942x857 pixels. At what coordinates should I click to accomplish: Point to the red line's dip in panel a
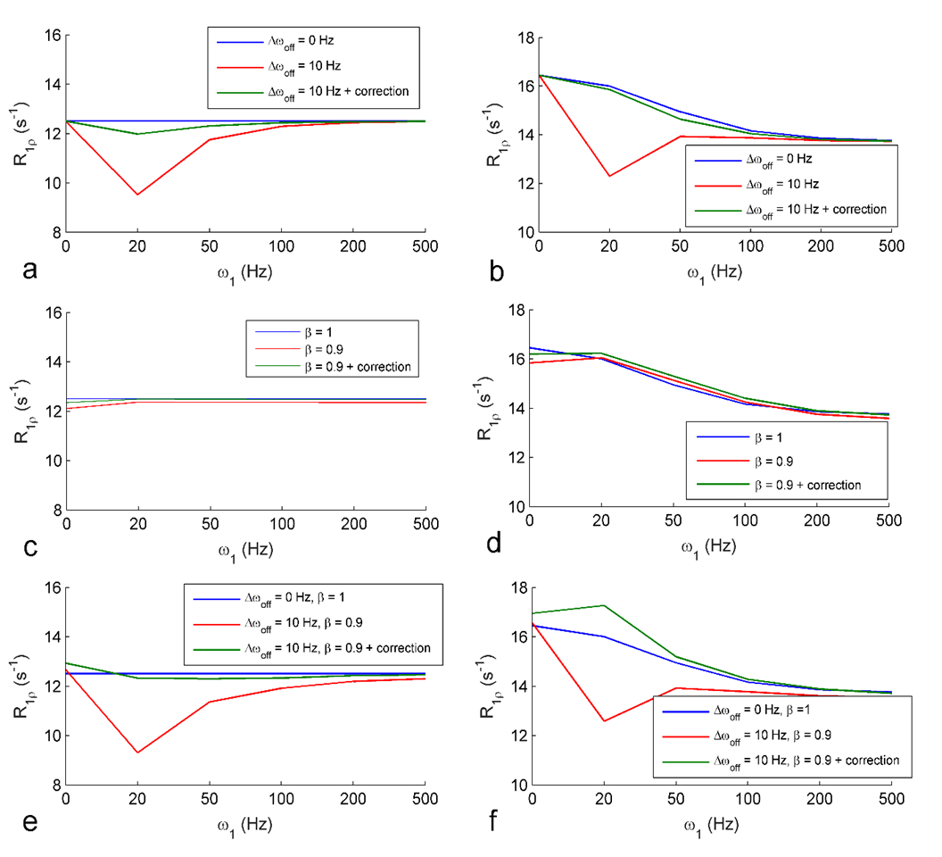(137, 195)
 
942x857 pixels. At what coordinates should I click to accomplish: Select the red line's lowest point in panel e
(137, 753)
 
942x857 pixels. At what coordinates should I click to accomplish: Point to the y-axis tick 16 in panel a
(53, 36)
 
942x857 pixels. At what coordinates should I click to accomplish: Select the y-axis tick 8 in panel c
(56, 510)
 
